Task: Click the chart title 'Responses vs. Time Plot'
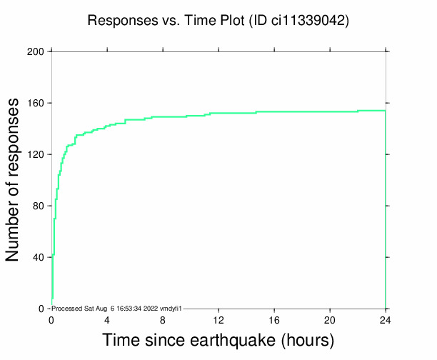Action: click(x=165, y=21)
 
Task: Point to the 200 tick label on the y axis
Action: click(x=35, y=51)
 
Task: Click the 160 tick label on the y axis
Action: click(x=35, y=103)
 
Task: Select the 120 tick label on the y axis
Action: click(x=35, y=154)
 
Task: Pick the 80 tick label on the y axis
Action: click(x=38, y=206)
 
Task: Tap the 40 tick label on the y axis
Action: click(x=38, y=257)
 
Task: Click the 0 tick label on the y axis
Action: click(x=41, y=309)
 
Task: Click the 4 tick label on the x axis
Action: click(x=107, y=319)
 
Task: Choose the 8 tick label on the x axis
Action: click(x=163, y=319)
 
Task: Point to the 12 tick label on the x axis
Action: click(x=218, y=319)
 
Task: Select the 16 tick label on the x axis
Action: click(x=274, y=319)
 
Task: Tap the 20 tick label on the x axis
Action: click(x=330, y=319)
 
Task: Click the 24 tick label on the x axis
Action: click(x=386, y=319)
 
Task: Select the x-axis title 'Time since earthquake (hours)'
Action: click(x=218, y=339)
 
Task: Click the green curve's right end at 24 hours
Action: click(x=385, y=111)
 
